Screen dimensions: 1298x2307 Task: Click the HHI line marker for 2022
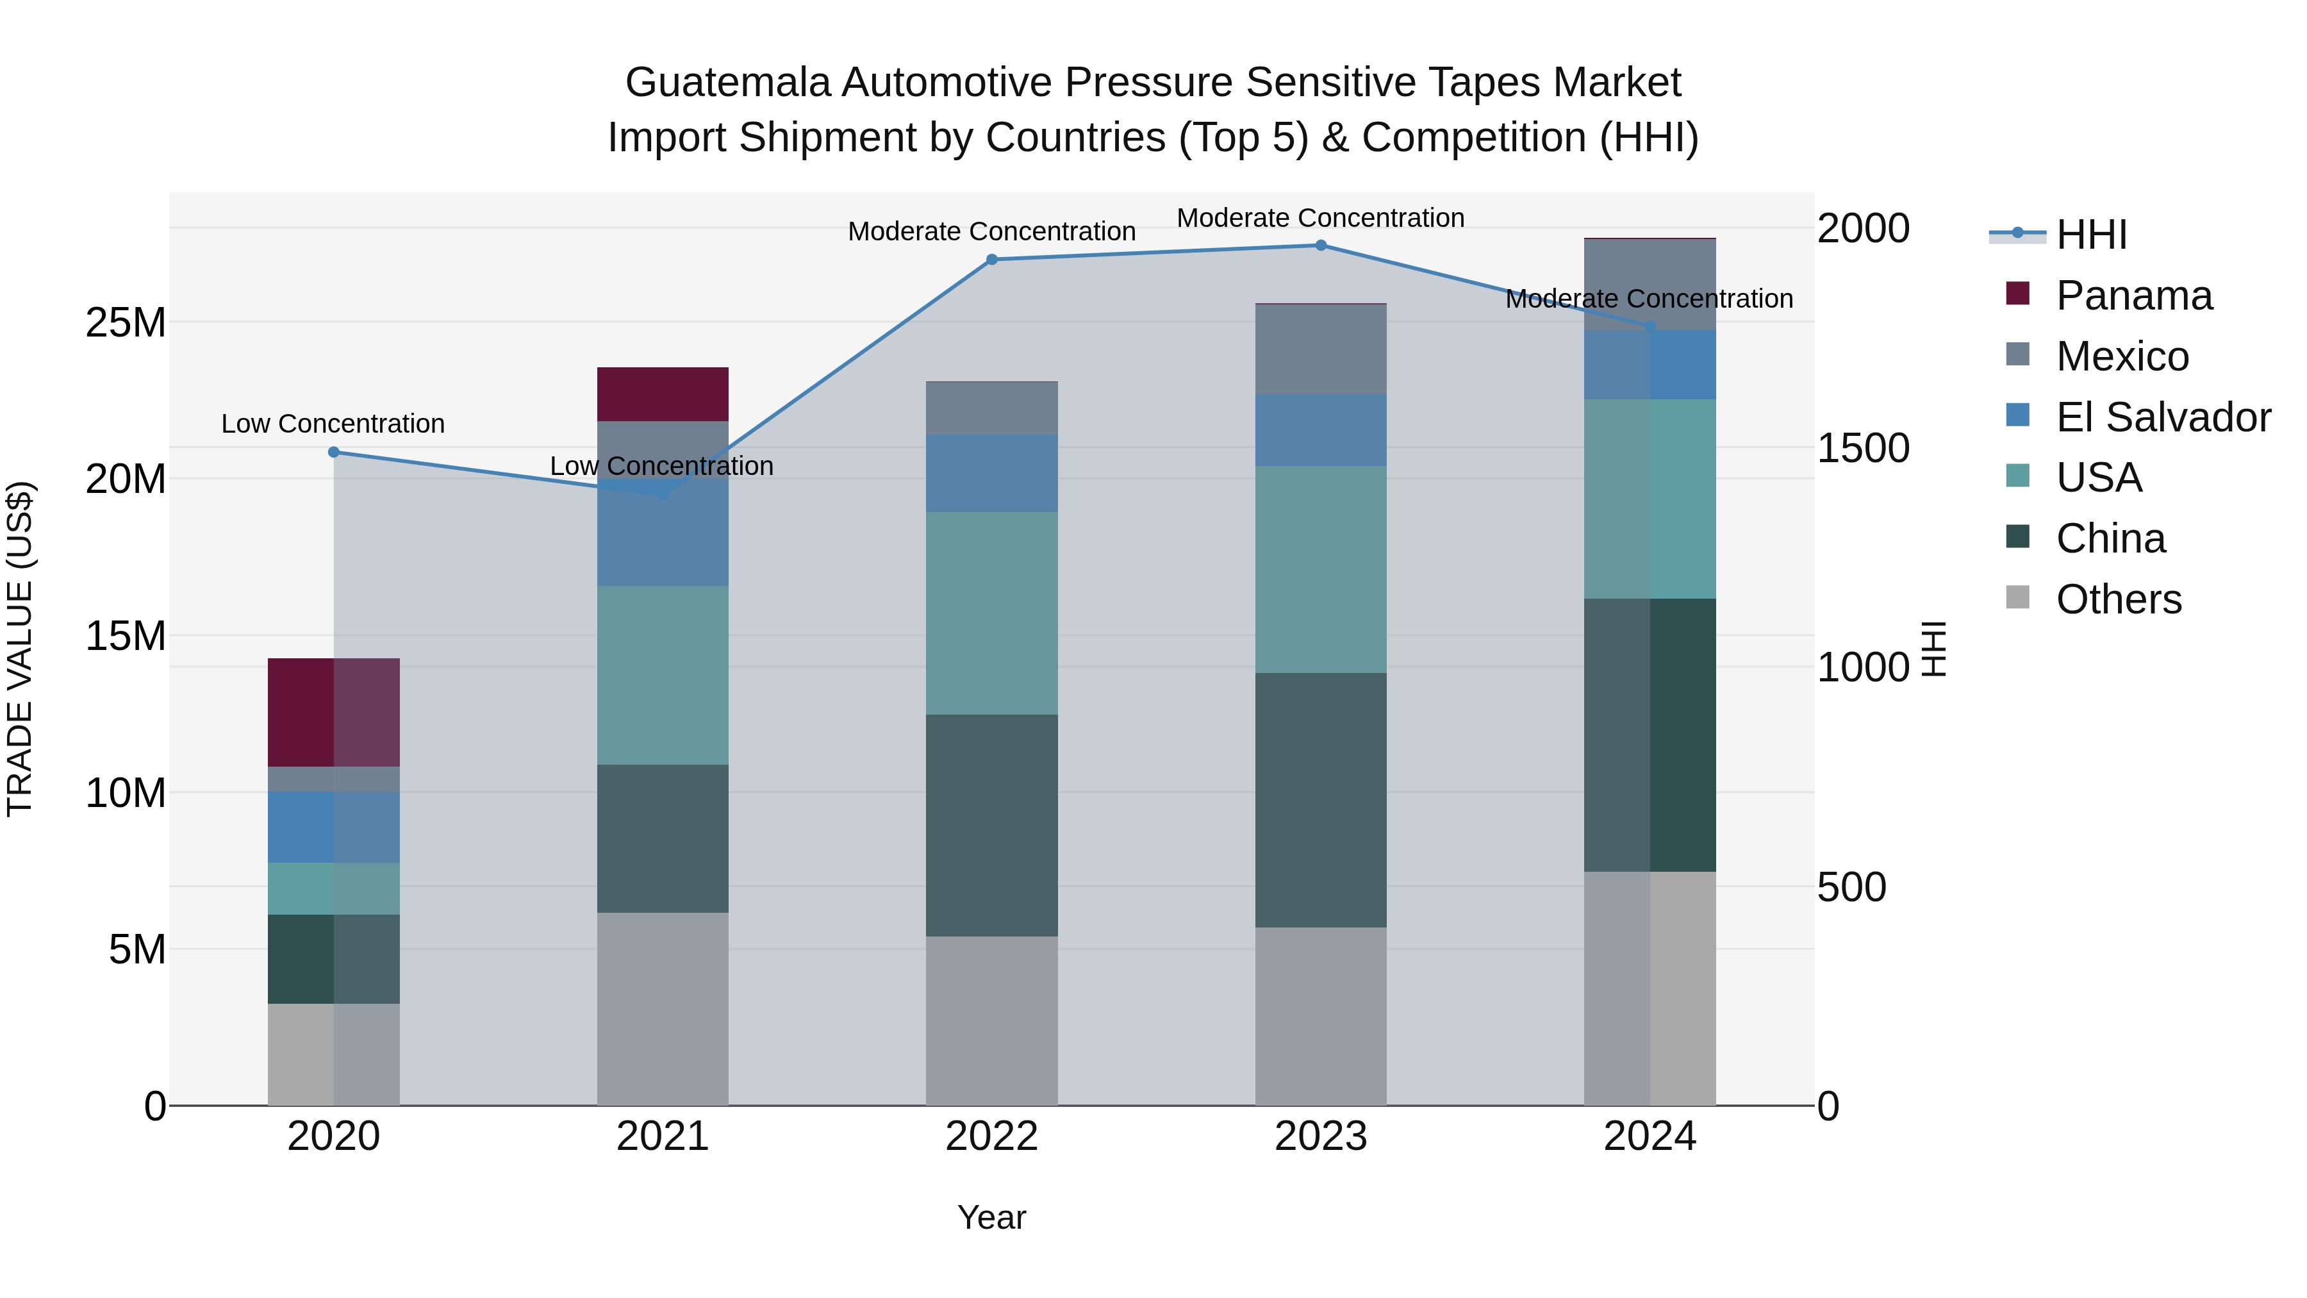point(991,260)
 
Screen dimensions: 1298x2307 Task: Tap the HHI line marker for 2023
point(1321,245)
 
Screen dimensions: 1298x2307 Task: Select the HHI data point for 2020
point(333,453)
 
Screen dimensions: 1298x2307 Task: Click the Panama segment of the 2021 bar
point(663,394)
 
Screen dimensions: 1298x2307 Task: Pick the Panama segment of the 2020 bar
point(333,712)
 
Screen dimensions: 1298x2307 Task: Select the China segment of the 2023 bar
point(1321,800)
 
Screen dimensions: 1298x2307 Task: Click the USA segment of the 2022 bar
point(991,613)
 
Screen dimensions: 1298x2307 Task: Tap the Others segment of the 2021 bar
point(663,1009)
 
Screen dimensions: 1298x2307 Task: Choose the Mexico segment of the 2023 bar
point(1321,349)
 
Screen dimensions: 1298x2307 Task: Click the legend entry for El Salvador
point(2163,417)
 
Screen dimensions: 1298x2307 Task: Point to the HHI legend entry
point(2091,235)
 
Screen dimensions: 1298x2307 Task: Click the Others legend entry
point(2118,599)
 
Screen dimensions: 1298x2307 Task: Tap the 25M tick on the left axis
point(126,322)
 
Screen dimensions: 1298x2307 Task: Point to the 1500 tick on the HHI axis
point(1863,448)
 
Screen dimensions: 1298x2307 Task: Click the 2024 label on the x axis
point(1650,1136)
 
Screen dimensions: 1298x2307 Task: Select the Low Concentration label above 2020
point(333,424)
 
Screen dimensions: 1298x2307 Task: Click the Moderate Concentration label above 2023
point(1321,218)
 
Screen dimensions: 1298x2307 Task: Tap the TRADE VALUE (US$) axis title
point(20,649)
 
